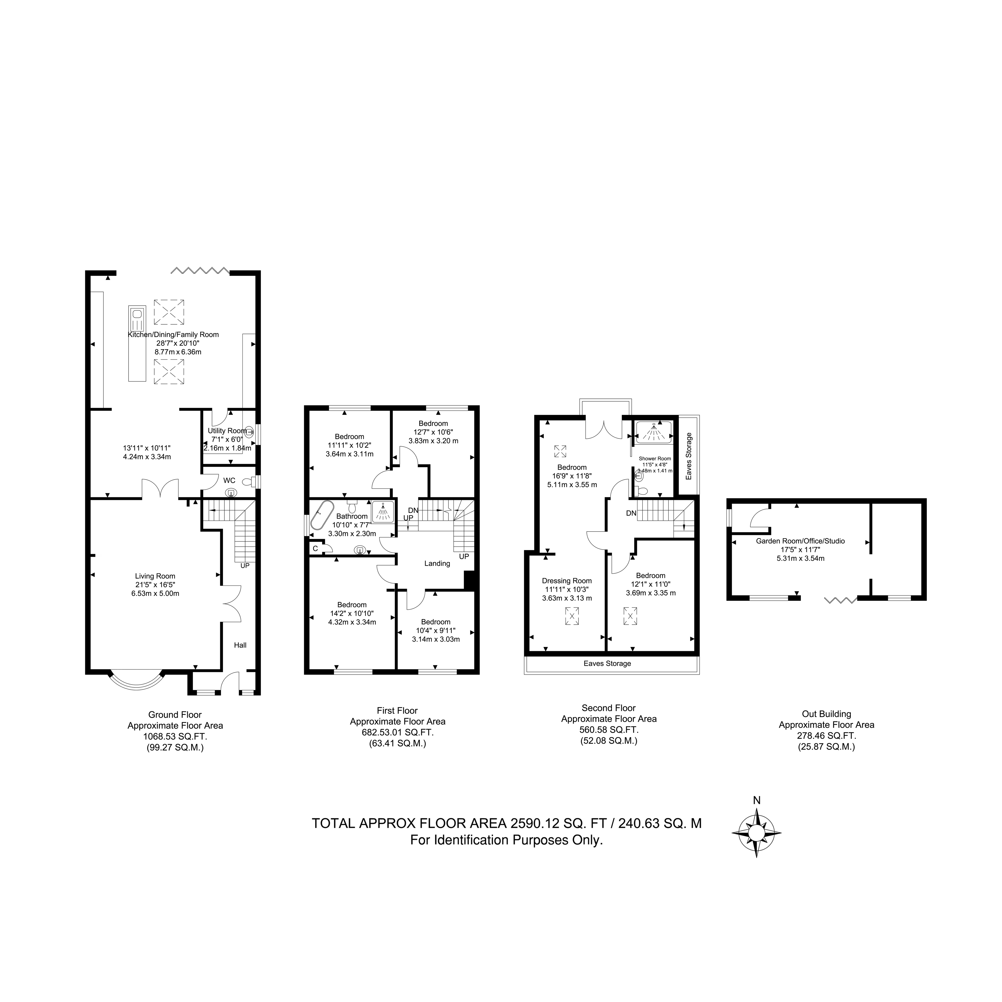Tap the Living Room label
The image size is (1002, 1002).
coord(155,576)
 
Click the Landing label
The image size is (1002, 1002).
coord(437,563)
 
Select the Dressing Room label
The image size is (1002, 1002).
coord(567,580)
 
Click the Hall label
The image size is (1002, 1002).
coord(240,645)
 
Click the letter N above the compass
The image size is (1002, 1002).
coord(757,800)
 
